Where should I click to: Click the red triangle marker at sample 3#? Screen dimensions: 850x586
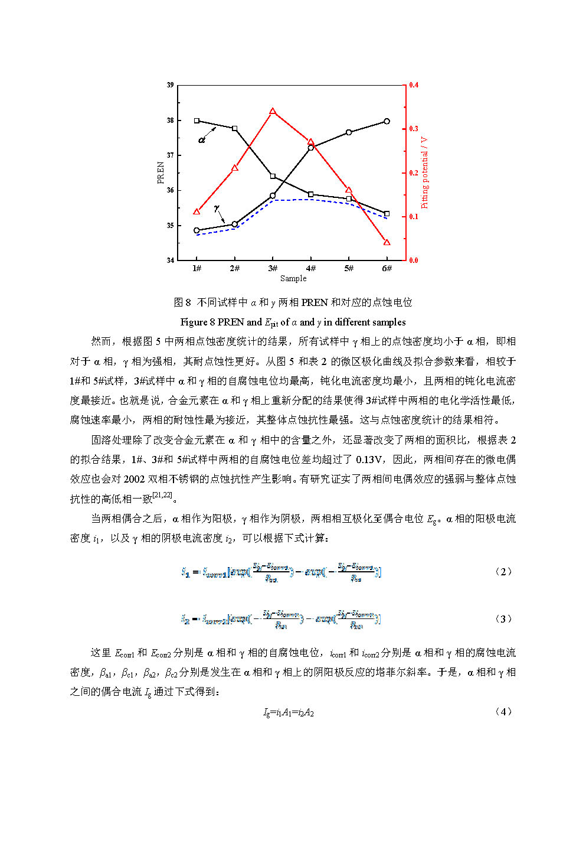(273, 112)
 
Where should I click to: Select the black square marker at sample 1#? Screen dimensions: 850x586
(197, 121)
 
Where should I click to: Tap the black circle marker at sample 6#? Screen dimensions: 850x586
(387, 121)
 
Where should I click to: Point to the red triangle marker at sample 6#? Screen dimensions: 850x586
(387, 242)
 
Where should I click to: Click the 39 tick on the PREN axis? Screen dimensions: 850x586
(170, 85)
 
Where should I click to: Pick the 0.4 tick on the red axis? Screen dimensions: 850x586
(414, 85)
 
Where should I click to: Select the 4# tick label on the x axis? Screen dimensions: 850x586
(310, 268)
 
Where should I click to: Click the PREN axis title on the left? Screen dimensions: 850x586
(161, 172)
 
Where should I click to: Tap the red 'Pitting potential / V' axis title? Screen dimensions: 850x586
(424, 172)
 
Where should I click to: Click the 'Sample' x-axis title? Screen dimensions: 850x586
(293, 278)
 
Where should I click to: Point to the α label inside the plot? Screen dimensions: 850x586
(202, 140)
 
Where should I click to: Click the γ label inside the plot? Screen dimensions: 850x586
(217, 208)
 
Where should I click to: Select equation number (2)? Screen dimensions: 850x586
(503, 571)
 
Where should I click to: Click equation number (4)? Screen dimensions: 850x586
(503, 711)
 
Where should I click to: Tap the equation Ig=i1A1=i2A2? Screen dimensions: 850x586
(289, 712)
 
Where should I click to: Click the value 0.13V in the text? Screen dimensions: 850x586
(371, 459)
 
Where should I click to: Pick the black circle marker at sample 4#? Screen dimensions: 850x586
(311, 147)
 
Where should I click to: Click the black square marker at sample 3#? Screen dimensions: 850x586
(273, 176)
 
